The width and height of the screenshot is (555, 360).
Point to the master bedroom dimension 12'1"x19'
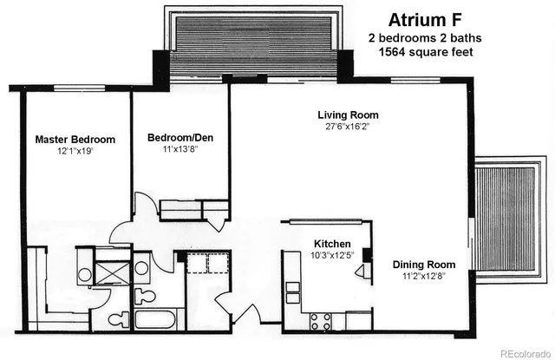click(75, 151)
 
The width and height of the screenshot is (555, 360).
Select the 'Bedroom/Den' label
click(180, 138)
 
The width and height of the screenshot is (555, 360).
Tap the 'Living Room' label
click(348, 115)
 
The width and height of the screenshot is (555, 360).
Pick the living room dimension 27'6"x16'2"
click(348, 127)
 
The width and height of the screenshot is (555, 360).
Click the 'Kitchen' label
click(332, 244)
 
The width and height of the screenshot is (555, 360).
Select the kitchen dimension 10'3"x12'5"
click(332, 256)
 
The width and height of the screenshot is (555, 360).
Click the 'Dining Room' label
click(423, 265)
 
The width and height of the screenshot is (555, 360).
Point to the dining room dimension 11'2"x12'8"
click(423, 277)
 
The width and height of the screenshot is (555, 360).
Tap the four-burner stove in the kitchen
click(320, 321)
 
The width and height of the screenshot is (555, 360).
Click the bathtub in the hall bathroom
click(157, 318)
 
